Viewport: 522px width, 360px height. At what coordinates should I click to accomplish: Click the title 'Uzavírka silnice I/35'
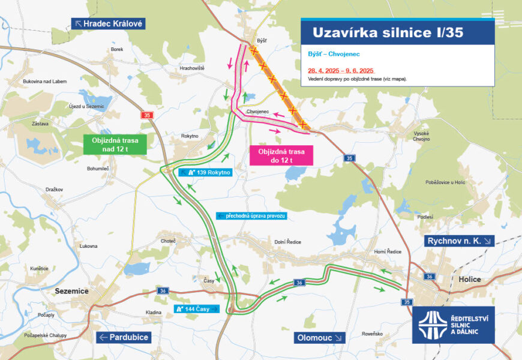pos(388,32)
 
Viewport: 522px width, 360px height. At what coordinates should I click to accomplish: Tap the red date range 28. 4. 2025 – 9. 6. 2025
pos(340,70)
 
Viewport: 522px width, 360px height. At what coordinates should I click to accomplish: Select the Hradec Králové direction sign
pos(108,24)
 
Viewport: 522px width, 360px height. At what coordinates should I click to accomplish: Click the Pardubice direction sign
pos(123,337)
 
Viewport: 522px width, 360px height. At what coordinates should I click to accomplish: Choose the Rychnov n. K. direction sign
pos(460,241)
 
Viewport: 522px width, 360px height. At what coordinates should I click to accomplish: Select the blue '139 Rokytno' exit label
pos(205,172)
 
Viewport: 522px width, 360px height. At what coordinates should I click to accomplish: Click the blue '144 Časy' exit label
pos(197,309)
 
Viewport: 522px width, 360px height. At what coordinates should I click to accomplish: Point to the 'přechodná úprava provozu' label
pos(252,215)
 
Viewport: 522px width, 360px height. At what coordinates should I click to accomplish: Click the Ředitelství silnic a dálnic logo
pos(454,325)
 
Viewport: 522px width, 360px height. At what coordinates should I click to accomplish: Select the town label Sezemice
pos(71,291)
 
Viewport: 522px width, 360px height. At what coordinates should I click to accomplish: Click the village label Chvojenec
pos(259,111)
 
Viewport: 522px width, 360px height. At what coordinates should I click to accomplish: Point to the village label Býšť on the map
pos(261,41)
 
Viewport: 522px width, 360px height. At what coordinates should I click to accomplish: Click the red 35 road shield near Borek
pos(146,115)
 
